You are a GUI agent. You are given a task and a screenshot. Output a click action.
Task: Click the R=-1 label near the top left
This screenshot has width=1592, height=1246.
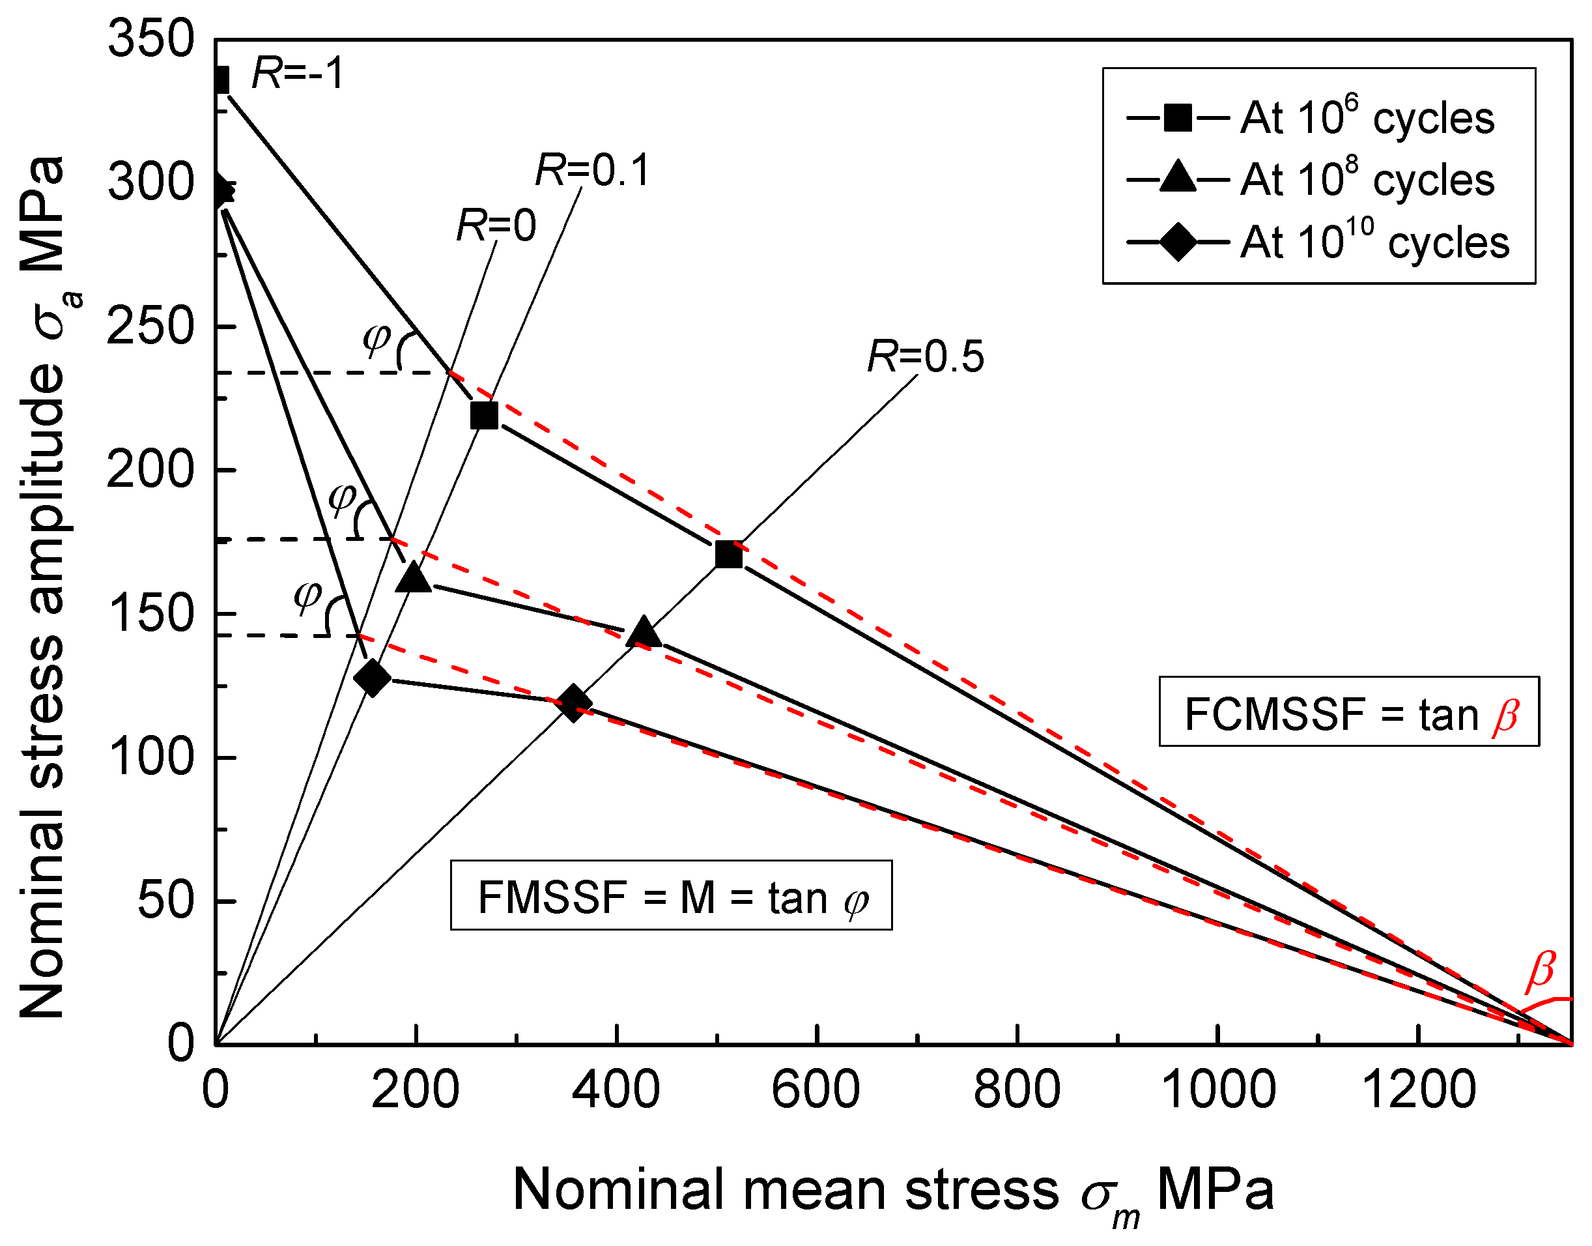(x=297, y=74)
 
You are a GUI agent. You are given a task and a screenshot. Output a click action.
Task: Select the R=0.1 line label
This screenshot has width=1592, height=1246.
(x=592, y=171)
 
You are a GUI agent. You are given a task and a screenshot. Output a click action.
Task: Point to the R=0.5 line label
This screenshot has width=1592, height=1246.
(x=925, y=356)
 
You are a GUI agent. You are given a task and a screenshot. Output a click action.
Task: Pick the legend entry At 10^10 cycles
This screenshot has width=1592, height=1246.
(x=1317, y=242)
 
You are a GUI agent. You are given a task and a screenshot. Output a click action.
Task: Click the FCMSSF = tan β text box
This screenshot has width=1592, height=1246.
(x=1348, y=712)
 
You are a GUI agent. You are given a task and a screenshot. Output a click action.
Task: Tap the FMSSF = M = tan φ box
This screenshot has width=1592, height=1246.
(x=671, y=897)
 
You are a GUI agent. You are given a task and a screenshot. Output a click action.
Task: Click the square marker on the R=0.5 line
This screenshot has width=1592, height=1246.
(x=728, y=555)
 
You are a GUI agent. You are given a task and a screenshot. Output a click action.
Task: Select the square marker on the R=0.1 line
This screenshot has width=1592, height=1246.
(x=484, y=416)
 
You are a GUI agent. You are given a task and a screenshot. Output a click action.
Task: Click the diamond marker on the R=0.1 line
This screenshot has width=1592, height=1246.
(x=372, y=678)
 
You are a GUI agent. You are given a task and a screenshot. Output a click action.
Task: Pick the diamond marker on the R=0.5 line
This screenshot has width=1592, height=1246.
(x=573, y=703)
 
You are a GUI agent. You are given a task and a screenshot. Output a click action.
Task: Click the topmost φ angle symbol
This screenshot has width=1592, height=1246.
(x=377, y=337)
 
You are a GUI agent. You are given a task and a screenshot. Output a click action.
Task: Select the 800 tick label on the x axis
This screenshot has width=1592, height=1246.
(x=1017, y=1090)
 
